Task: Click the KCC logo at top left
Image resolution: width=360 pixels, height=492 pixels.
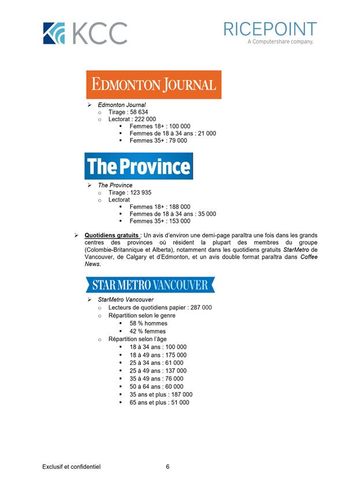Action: click(x=84, y=32)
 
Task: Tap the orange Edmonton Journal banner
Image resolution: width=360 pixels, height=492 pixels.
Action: click(x=153, y=85)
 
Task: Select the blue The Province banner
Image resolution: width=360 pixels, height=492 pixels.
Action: click(x=138, y=166)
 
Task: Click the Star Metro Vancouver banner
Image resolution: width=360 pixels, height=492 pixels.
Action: click(x=150, y=285)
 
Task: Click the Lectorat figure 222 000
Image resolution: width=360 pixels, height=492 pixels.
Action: click(x=144, y=119)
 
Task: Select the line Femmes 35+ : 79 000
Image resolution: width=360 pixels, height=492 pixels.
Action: click(x=158, y=140)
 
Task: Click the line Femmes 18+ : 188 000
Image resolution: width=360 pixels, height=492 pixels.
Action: click(x=160, y=207)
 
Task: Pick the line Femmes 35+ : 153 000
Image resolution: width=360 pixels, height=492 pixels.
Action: click(x=160, y=221)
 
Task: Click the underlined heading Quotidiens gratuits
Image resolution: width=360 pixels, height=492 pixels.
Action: click(x=111, y=236)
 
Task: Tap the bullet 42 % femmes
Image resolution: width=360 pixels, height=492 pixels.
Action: click(x=148, y=331)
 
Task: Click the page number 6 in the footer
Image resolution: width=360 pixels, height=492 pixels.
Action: click(x=167, y=467)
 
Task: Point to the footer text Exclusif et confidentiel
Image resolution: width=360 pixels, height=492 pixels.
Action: click(x=71, y=467)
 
